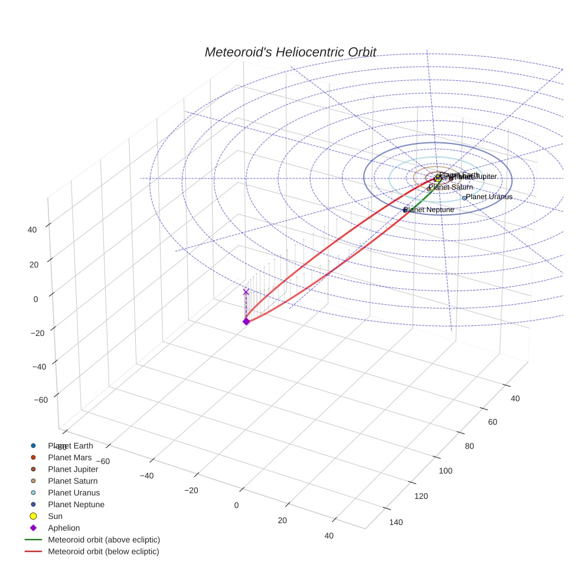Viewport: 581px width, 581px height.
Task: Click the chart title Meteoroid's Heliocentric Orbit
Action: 290,52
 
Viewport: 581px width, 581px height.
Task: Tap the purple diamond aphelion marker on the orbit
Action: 246,321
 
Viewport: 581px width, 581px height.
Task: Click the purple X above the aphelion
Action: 246,292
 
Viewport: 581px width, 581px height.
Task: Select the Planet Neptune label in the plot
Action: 429,210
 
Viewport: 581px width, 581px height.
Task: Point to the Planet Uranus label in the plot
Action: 489,197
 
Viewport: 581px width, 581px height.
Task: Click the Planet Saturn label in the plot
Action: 451,187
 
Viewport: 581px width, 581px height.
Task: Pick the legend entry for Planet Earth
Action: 70,446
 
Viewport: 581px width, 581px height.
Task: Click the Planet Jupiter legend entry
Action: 73,469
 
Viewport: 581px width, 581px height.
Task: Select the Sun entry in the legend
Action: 55,516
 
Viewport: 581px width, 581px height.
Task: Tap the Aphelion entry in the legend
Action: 64,528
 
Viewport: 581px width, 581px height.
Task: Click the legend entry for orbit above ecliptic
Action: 104,540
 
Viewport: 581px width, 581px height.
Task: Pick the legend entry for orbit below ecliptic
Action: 103,551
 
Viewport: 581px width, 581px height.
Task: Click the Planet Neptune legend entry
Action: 76,505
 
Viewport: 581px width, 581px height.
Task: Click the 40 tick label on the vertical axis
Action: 32,230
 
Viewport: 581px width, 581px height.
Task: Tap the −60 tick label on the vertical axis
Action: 41,400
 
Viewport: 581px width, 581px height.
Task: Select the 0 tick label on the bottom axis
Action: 236,505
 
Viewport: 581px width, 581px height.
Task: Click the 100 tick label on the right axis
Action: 445,471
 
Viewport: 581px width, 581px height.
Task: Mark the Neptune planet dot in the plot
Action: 405,210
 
